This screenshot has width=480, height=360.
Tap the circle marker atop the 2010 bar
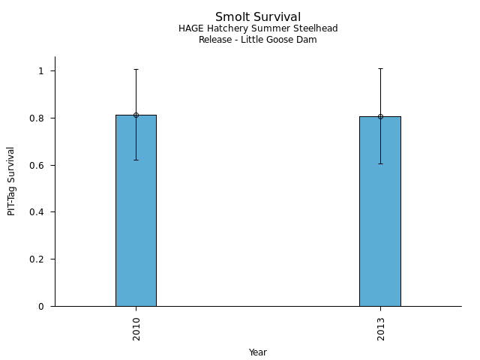[136, 115]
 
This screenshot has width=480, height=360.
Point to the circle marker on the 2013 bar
[380, 116]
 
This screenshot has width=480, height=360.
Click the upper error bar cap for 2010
[136, 69]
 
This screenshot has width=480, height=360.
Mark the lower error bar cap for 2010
[136, 160]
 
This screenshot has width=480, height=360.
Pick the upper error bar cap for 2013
[380, 68]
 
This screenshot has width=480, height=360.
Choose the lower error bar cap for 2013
[380, 163]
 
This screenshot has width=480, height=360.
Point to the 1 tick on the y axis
[43, 71]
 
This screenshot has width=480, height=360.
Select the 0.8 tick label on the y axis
[39, 118]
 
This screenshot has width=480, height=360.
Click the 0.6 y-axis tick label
[39, 165]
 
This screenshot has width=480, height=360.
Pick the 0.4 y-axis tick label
[39, 212]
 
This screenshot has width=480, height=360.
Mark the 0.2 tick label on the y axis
[39, 259]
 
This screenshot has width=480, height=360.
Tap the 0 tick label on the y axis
[43, 306]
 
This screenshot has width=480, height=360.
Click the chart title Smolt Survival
[258, 17]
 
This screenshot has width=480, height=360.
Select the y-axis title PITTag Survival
[12, 181]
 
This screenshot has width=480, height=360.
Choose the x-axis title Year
[258, 352]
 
